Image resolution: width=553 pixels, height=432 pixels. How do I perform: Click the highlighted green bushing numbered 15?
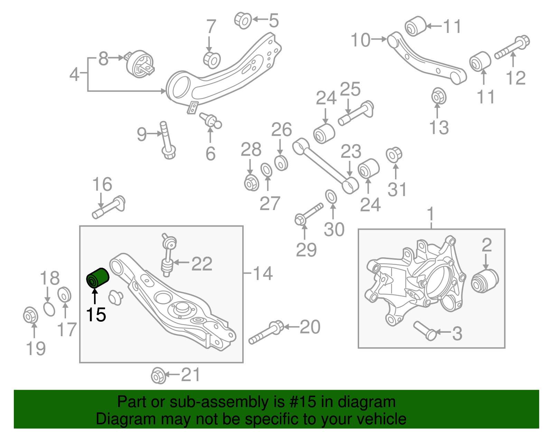pos(97,278)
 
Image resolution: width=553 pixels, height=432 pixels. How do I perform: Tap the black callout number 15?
pos(96,315)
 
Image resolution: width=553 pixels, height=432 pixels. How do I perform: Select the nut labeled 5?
pos(243,20)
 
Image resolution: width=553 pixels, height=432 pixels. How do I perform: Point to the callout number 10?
pos(360,40)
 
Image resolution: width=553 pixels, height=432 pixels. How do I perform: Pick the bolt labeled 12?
pos(512,48)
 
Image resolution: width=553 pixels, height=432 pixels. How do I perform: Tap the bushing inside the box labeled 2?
pos(485,280)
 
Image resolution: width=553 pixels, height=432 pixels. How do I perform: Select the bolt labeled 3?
pos(425,330)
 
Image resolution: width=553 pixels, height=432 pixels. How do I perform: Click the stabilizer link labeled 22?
pos(168,255)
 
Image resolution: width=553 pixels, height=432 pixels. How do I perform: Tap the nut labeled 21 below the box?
pos(158,375)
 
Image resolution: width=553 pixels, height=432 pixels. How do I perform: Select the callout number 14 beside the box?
pos(263,273)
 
